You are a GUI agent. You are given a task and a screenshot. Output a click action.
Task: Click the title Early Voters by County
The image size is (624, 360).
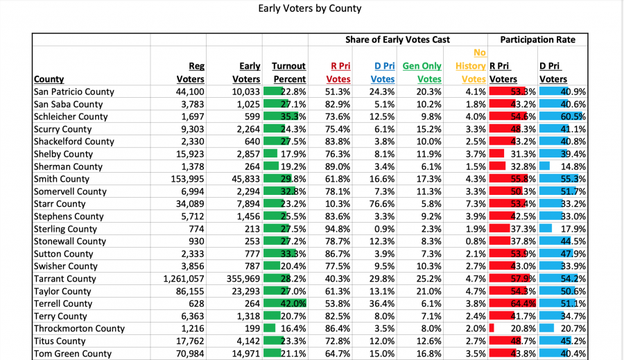[310, 9]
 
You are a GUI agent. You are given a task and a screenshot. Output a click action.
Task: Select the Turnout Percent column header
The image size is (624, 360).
[288, 72]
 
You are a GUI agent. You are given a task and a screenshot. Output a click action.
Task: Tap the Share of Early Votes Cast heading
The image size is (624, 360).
[398, 40]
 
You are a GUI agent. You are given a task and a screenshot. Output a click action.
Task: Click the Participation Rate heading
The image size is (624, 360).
[537, 40]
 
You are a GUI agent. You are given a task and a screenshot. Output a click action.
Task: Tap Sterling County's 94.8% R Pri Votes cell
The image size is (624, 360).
[338, 229]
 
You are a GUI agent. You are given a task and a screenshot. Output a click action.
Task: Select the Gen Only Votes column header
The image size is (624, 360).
[422, 72]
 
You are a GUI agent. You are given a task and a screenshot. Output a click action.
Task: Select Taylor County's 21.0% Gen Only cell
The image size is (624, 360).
[428, 291]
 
